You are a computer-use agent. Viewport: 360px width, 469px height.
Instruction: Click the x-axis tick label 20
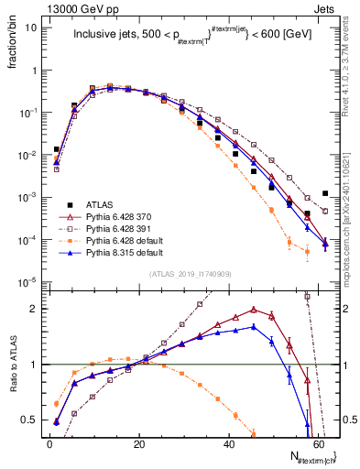click(138, 442)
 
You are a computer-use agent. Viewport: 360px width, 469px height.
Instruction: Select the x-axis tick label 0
click(49, 442)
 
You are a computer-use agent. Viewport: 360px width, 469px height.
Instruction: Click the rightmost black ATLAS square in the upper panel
click(326, 193)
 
